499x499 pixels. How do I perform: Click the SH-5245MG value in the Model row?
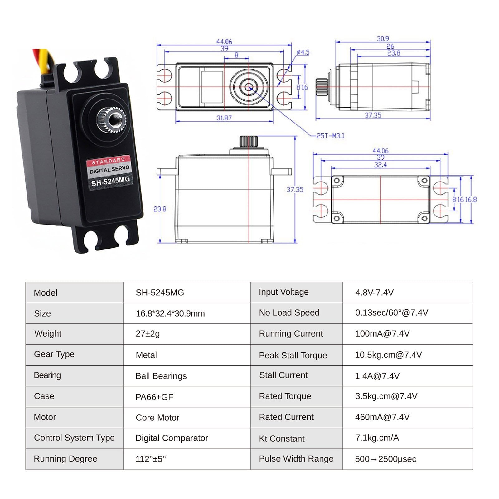click(x=160, y=293)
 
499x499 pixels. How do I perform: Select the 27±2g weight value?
click(x=148, y=334)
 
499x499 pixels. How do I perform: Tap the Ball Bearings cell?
click(x=161, y=376)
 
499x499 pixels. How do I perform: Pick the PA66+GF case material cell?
click(x=154, y=397)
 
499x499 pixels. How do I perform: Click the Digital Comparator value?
click(x=172, y=438)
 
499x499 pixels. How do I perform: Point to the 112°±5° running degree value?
click(x=151, y=459)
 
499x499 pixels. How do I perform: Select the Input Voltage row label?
click(x=283, y=292)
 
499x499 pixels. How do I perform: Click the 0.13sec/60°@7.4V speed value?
click(x=391, y=313)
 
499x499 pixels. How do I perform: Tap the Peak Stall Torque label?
click(x=293, y=355)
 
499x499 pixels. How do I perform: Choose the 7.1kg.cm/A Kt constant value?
click(x=377, y=438)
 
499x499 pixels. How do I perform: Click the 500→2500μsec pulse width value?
click(x=385, y=459)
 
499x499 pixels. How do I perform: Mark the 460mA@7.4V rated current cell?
click(x=382, y=417)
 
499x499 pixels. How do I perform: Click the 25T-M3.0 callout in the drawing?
click(x=330, y=136)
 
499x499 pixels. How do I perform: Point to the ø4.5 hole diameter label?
click(x=303, y=52)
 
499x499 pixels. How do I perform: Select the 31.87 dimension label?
click(x=224, y=118)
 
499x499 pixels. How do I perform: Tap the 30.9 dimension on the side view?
click(x=383, y=39)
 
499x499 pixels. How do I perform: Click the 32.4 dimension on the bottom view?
click(x=380, y=165)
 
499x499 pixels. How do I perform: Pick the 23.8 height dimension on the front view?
click(x=160, y=209)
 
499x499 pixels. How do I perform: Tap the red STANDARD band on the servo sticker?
click(x=108, y=161)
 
